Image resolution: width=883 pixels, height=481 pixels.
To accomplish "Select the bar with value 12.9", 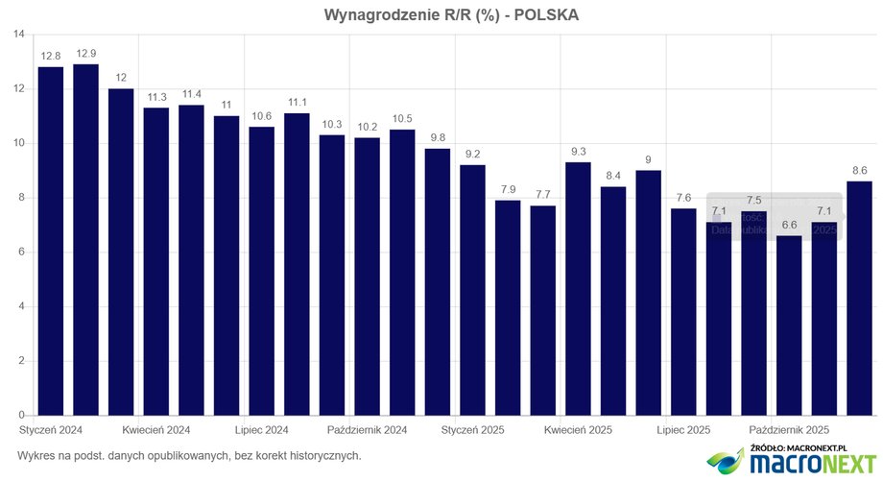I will [x=85, y=240].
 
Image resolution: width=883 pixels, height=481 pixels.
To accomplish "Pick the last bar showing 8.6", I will [x=859, y=298].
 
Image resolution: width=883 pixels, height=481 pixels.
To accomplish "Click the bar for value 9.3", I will [x=578, y=288].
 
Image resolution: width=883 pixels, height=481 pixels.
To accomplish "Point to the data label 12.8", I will [x=51, y=56].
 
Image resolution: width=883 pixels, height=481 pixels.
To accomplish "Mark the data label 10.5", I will [x=402, y=119].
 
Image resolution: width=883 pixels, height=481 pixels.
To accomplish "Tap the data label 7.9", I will [x=508, y=190].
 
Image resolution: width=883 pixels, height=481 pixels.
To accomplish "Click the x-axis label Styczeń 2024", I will [x=51, y=429].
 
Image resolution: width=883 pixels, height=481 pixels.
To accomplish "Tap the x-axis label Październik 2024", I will [x=368, y=429].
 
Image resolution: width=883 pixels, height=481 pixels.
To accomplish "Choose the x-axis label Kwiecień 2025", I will [x=578, y=429].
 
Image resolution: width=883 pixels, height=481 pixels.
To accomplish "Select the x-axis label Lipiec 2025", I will [x=683, y=429].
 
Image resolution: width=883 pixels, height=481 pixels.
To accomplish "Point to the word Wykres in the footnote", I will [x=36, y=454].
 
